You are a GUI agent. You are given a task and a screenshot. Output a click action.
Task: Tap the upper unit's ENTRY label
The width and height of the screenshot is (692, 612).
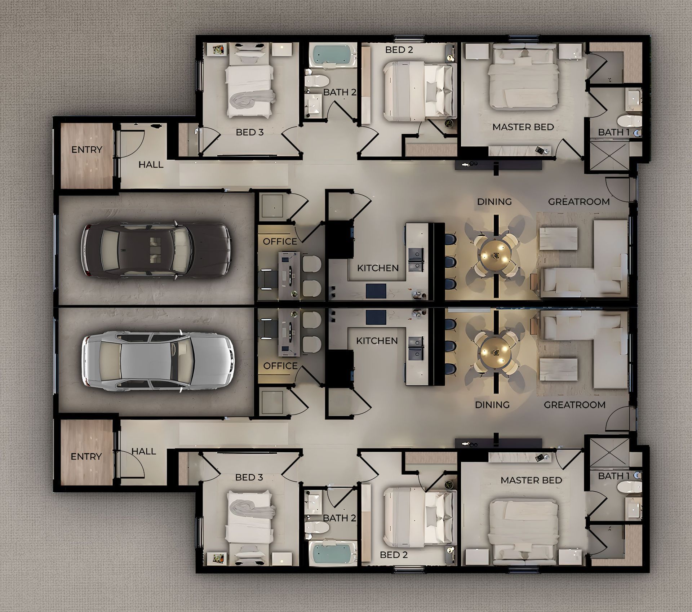(x=86, y=150)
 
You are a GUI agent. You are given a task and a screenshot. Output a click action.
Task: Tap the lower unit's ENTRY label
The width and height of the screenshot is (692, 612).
(x=86, y=457)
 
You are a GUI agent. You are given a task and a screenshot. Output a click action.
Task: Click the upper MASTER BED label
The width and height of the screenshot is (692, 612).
(x=523, y=127)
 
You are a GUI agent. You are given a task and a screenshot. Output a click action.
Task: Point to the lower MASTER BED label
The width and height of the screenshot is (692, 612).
(x=531, y=480)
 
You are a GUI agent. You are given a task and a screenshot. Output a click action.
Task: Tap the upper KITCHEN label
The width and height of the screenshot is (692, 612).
(x=378, y=268)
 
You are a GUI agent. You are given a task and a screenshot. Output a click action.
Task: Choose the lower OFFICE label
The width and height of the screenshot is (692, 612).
(x=280, y=366)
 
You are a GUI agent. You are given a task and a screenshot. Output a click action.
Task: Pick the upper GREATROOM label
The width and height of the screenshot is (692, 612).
(x=579, y=202)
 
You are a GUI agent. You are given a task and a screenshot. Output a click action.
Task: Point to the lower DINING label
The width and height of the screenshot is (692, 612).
(x=492, y=405)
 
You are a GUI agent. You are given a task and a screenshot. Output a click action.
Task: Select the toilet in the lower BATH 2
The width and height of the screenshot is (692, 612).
(x=316, y=528)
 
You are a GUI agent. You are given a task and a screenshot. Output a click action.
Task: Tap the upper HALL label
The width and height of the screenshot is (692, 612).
(x=151, y=165)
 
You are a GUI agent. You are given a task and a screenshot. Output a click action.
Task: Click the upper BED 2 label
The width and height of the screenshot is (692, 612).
(x=399, y=50)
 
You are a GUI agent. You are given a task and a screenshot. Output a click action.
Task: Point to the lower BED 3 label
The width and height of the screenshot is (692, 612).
(x=249, y=477)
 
